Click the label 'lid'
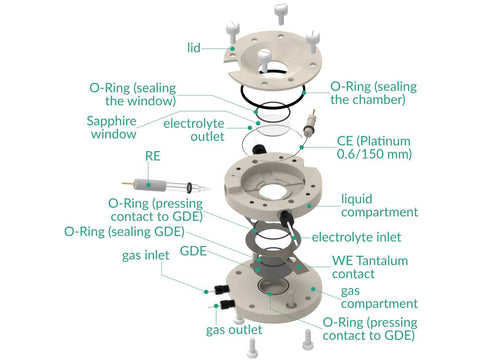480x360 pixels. point(194,48)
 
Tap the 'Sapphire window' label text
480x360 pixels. point(112,127)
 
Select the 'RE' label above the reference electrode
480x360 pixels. point(153,156)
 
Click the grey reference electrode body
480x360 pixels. point(149,185)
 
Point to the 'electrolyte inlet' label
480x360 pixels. point(356,237)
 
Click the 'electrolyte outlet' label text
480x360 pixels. point(194,130)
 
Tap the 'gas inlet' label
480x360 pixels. point(146,256)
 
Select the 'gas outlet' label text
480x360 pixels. point(234,330)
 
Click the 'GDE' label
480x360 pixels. point(193,251)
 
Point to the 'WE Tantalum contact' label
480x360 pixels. point(370,267)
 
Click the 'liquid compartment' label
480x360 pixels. point(379,205)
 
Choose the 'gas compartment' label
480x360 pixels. point(379,297)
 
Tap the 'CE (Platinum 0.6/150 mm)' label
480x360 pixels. point(374,147)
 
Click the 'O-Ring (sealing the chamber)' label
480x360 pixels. point(373,93)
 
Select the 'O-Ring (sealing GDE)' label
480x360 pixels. point(124,231)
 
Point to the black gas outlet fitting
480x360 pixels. point(226,304)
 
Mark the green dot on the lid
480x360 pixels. point(233,49)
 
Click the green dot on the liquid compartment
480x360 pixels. point(309,206)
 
